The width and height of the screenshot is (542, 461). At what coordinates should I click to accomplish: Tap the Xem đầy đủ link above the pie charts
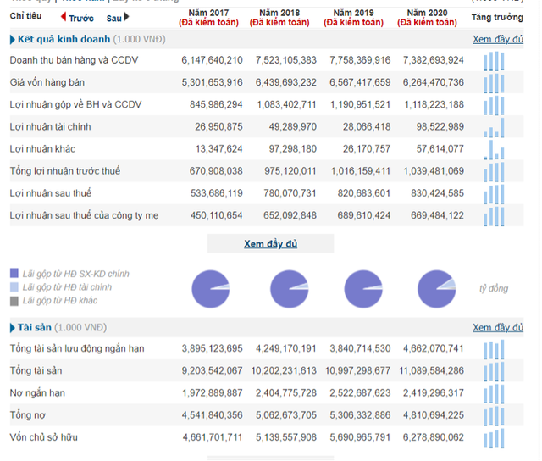pos(270,244)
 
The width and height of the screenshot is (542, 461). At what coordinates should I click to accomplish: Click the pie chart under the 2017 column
pos(210,288)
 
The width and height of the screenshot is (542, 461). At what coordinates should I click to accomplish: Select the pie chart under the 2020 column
pos(436,288)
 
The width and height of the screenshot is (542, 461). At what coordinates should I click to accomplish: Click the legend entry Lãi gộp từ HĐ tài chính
pos(67,287)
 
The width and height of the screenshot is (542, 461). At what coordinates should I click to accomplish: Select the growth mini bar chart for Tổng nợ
pos(495,414)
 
